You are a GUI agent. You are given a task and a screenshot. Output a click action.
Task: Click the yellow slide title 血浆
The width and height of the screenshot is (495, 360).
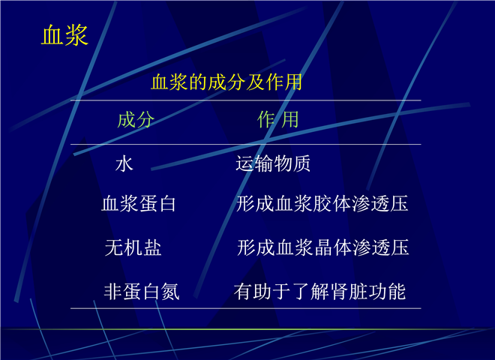64,35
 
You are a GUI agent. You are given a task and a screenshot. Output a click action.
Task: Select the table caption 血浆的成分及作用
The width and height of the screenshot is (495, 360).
226,82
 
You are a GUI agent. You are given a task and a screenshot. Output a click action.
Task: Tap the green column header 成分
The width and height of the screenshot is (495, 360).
136,120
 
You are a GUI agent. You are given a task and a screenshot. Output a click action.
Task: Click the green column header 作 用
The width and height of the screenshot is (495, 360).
277,120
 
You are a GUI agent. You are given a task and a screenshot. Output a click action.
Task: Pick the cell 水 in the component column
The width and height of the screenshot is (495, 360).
124,164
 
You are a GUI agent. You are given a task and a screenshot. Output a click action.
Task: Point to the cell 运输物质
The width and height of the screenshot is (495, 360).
273,163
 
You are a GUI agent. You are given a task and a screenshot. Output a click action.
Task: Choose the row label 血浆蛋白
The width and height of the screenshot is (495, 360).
139,203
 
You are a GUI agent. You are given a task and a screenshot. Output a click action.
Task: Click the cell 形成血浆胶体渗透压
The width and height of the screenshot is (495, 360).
322,203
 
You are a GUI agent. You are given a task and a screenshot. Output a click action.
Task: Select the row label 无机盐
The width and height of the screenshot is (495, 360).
133,247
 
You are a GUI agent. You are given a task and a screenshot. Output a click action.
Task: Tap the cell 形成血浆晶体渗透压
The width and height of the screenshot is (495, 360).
323,247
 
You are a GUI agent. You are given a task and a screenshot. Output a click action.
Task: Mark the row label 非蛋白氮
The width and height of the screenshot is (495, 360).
142,291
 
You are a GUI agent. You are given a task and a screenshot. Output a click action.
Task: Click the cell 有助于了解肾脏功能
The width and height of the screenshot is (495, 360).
319,291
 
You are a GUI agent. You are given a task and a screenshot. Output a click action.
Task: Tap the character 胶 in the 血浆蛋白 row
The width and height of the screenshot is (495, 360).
322,203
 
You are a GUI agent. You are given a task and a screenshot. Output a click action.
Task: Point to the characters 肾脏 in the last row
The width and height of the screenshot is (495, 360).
349,291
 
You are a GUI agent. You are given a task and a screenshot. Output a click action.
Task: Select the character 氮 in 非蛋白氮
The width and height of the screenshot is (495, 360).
170,291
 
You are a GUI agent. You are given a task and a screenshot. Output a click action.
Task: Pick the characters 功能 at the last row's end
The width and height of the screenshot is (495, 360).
387,291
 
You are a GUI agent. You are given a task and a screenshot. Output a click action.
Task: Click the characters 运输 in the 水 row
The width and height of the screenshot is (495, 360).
254,163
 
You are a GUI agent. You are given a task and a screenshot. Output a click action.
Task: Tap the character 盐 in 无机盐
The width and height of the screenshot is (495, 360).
152,247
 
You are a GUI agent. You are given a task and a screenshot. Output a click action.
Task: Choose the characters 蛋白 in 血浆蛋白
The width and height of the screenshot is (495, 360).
157,203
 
